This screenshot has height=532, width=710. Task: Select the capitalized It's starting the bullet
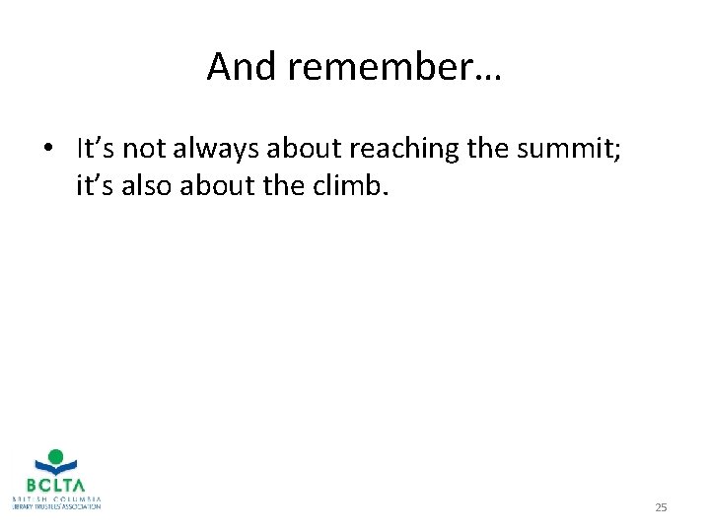(x=95, y=149)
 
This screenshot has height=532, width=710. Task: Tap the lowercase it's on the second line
(x=95, y=184)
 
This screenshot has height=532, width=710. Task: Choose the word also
(x=148, y=184)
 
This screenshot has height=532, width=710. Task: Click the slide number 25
(x=661, y=507)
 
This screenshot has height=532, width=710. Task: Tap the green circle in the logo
(x=56, y=457)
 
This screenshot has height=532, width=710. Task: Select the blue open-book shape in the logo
(x=56, y=470)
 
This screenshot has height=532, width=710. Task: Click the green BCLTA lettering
(x=56, y=486)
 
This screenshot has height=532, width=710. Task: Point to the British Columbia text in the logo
(x=56, y=499)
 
